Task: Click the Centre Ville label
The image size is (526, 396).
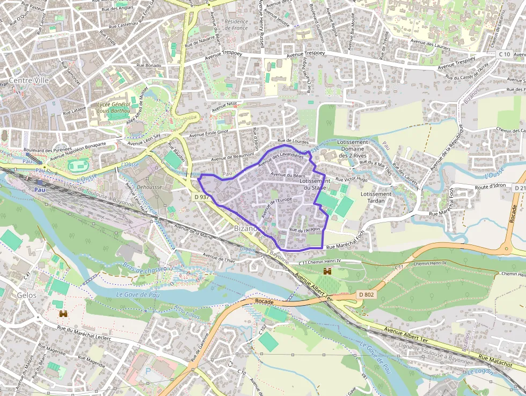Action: coord(25,81)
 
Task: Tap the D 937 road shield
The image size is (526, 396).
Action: coord(201,197)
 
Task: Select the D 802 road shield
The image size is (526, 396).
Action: coord(366,294)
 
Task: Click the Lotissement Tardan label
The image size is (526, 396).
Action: coord(376,197)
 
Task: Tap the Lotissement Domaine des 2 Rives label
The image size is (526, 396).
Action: coord(353,149)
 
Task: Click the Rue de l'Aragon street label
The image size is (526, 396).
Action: coord(304,230)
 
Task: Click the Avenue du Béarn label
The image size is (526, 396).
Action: coord(288,175)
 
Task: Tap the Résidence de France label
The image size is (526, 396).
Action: coord(236,25)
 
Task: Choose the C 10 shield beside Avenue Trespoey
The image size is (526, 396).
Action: coord(503,54)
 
